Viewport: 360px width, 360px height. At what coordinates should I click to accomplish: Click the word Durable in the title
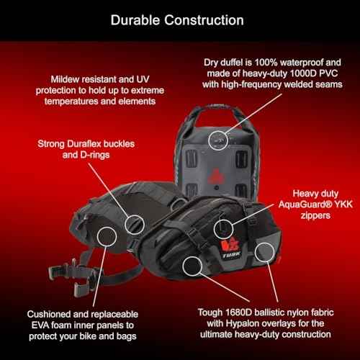pyautogui.click(x=135, y=20)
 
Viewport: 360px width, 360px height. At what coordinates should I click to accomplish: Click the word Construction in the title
pyautogui.click(x=204, y=20)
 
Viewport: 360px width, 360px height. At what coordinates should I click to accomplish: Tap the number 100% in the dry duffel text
pyautogui.click(x=266, y=63)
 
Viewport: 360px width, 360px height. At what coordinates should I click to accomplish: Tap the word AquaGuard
pyautogui.click(x=305, y=204)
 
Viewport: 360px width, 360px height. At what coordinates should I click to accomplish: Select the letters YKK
pyautogui.click(x=343, y=204)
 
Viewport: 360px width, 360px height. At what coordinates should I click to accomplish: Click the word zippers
pyautogui.click(x=315, y=215)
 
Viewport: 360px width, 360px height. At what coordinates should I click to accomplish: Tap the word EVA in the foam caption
pyautogui.click(x=40, y=325)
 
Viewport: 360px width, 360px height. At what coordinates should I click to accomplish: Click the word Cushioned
pyautogui.click(x=49, y=314)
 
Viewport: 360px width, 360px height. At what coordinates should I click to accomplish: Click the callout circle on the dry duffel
pyautogui.click(x=218, y=140)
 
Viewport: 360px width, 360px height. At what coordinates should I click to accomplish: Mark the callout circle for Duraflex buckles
pyautogui.click(x=135, y=225)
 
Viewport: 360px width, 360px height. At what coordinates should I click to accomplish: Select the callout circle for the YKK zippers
pyautogui.click(x=223, y=229)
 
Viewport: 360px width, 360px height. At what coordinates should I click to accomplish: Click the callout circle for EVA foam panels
pyautogui.click(x=107, y=236)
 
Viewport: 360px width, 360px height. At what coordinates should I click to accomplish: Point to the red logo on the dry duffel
pyautogui.click(x=216, y=176)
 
